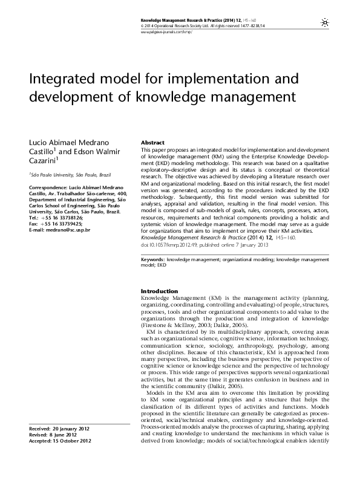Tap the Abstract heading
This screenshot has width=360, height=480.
(x=153, y=142)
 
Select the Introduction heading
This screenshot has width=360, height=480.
(x=159, y=291)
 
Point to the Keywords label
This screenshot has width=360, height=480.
(x=152, y=258)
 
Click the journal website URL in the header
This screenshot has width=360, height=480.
(x=166, y=32)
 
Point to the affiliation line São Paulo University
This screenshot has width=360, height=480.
(x=60, y=174)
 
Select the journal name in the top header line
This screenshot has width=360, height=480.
(x=186, y=21)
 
